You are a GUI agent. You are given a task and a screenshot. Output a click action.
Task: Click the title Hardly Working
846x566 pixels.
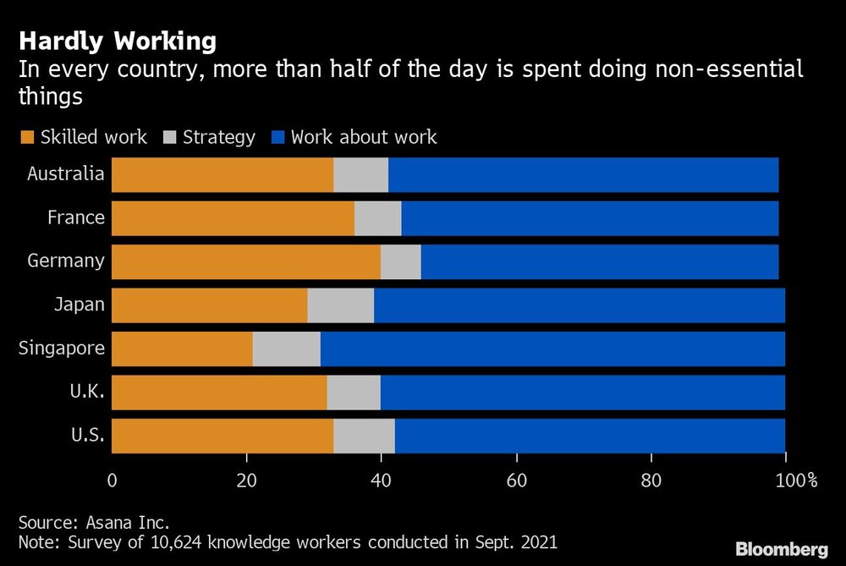[x=118, y=41]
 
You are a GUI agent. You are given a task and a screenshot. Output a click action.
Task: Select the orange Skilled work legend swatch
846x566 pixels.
[x=26, y=137]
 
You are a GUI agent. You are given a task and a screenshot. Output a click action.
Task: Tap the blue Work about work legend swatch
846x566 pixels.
[x=277, y=137]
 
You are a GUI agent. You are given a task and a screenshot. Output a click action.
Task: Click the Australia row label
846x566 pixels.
[x=66, y=174]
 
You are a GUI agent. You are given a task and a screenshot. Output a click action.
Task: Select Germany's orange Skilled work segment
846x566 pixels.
[x=245, y=261]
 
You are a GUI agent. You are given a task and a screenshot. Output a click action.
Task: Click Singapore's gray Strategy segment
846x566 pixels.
[x=287, y=349]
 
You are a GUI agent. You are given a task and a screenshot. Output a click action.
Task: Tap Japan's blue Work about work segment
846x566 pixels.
[x=580, y=305]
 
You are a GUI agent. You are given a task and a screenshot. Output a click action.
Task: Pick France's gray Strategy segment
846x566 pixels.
[x=378, y=218]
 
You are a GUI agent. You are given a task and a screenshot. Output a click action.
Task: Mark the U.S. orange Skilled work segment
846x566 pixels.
[x=222, y=436]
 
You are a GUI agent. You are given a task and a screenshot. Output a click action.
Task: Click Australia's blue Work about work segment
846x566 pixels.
[x=584, y=174]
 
